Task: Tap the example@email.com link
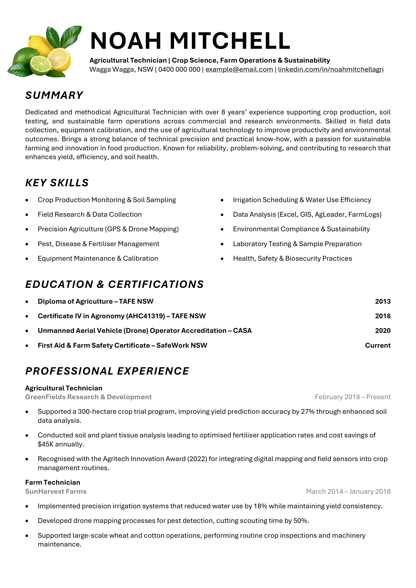(239, 70)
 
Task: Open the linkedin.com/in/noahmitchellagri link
(331, 70)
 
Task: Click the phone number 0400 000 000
(179, 70)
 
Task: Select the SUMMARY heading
(54, 95)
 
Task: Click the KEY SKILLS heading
(57, 183)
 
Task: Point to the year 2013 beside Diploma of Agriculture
(383, 301)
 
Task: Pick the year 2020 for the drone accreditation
(383, 331)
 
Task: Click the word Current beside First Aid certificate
(378, 345)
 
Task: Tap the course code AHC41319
(145, 316)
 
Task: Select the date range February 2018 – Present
(352, 397)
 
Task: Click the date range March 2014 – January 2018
(348, 491)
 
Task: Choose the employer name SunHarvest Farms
(56, 491)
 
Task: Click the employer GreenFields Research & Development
(88, 397)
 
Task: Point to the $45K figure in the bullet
(46, 444)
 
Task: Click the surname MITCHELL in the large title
(230, 41)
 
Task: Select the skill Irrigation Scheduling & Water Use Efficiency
(302, 200)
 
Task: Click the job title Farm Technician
(53, 482)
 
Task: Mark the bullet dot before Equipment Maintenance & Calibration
(27, 259)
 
